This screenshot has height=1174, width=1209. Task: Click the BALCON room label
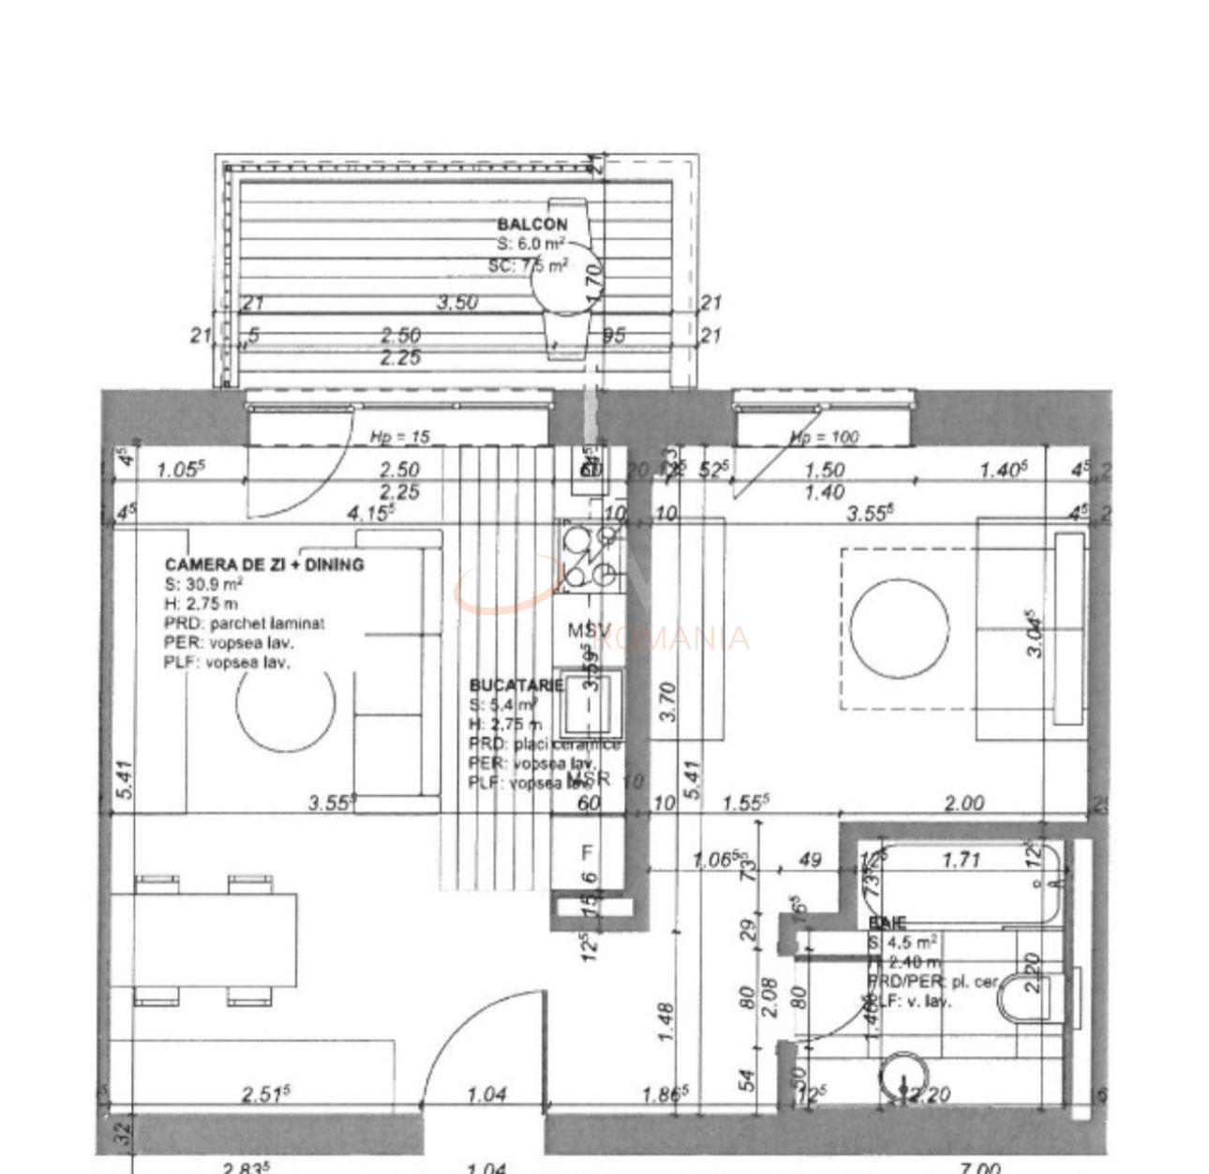531,224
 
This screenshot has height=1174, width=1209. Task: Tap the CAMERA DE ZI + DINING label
264,564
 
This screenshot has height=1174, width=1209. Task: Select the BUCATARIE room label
515,685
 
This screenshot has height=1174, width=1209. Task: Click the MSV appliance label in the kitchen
590,630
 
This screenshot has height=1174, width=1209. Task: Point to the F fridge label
588,852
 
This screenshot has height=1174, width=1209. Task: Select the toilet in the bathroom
1027,997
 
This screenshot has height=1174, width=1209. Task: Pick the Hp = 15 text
400,437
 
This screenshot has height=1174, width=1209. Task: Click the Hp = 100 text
824,437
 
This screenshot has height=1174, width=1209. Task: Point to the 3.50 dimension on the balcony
458,303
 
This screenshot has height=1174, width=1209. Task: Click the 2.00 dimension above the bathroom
963,803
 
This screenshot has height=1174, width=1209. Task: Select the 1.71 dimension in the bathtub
961,860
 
